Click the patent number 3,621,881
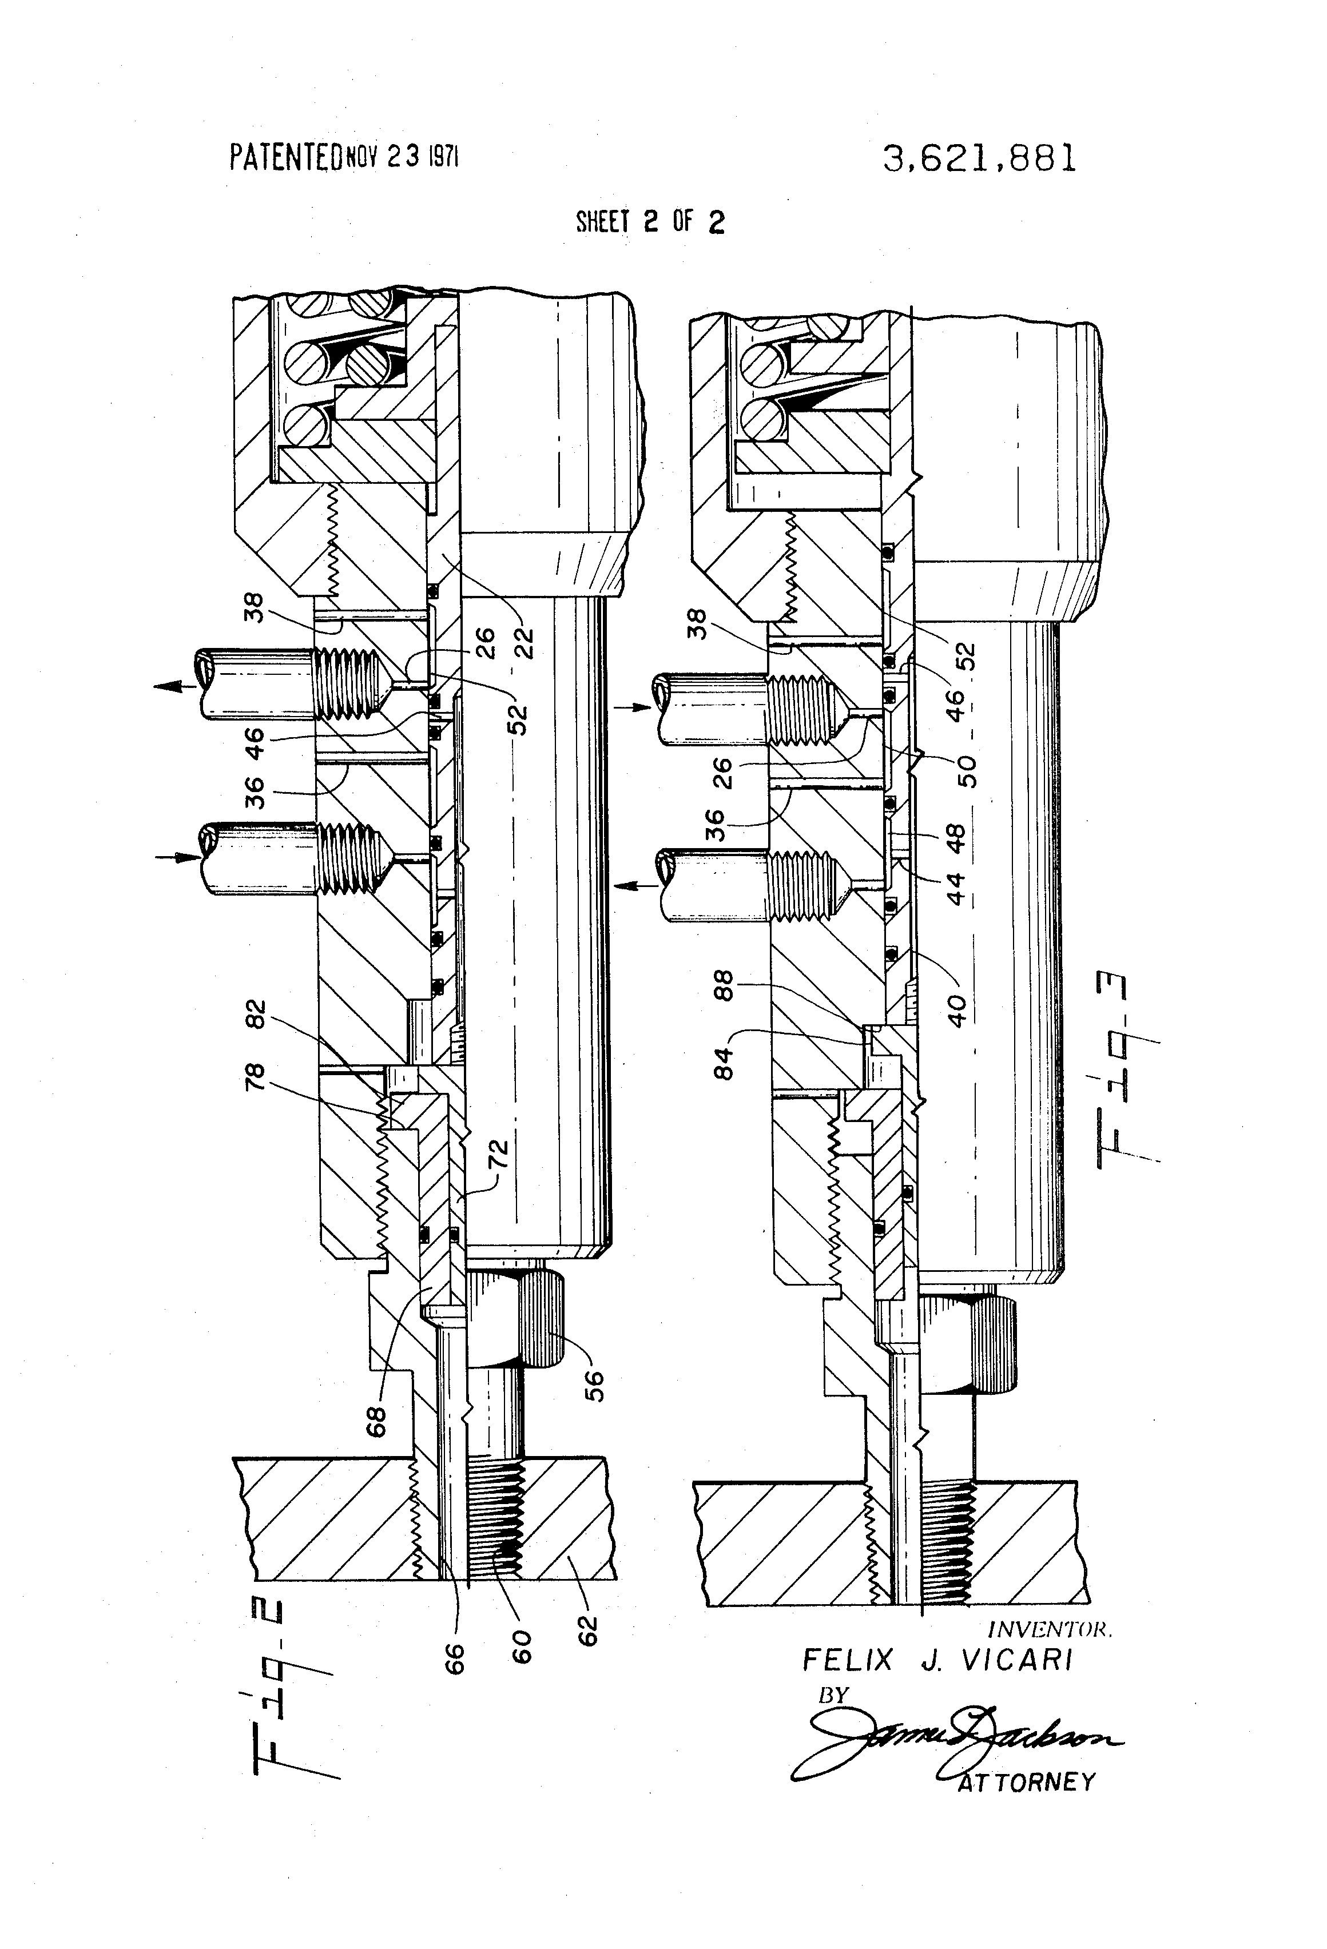(x=979, y=158)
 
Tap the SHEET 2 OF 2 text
(x=650, y=221)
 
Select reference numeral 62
(x=588, y=1629)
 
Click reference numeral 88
(x=723, y=985)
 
